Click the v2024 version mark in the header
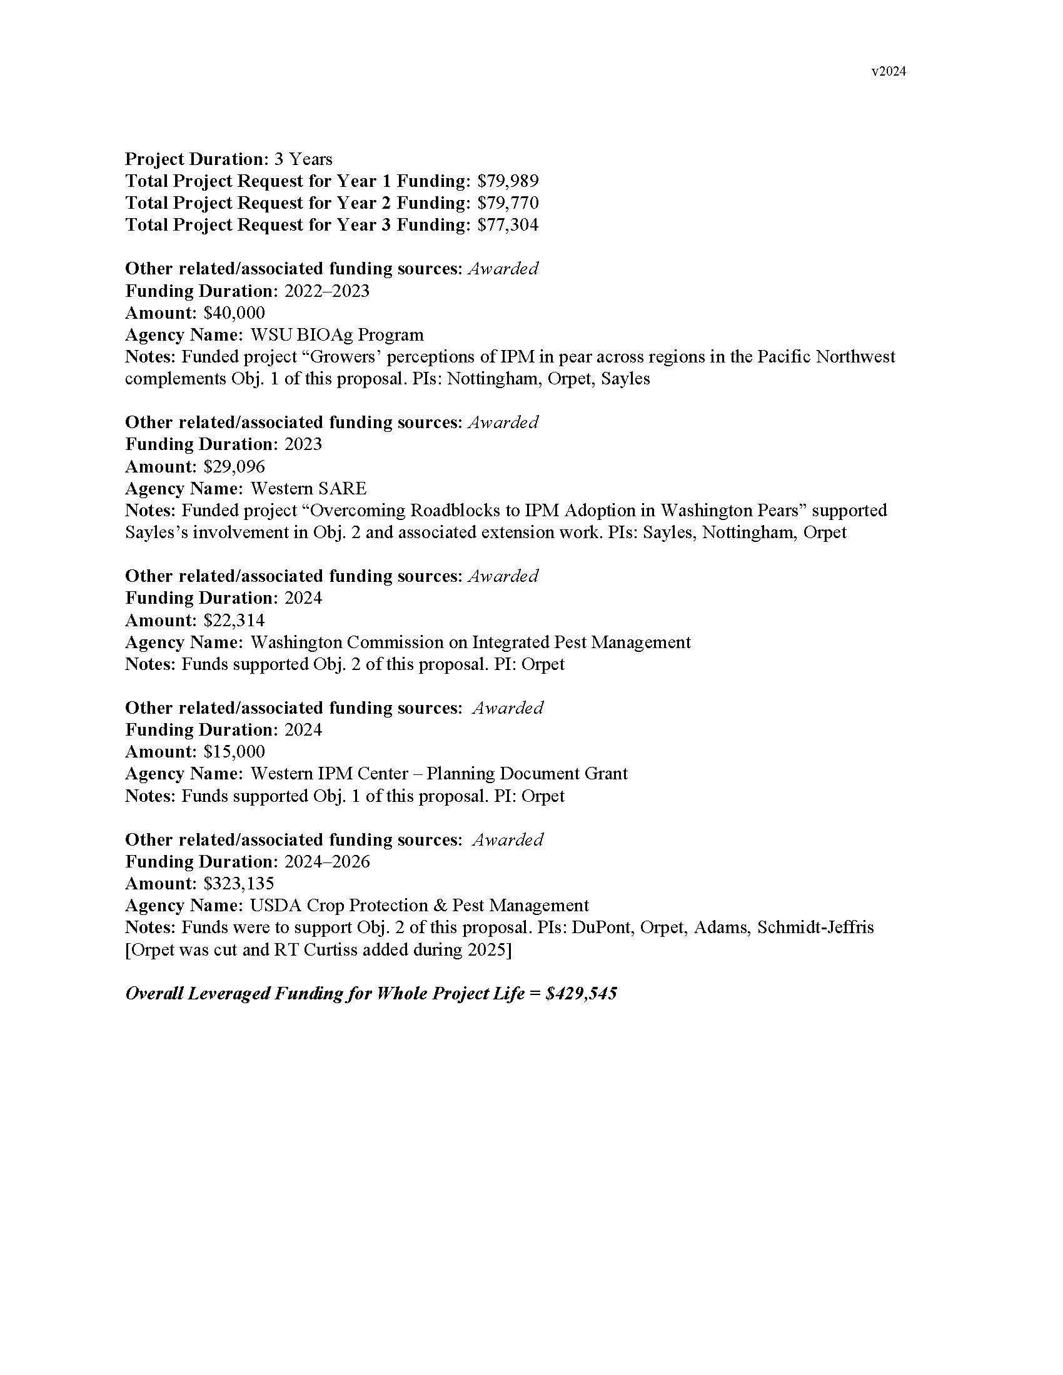[889, 72]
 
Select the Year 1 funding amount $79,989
[508, 181]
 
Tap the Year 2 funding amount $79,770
[508, 203]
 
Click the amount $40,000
[234, 313]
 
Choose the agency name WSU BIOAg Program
[337, 335]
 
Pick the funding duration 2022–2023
[327, 291]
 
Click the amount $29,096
[234, 467]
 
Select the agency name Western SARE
[308, 489]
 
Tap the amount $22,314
[234, 621]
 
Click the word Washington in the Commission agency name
[296, 642]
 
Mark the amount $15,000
[234, 752]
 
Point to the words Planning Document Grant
[527, 774]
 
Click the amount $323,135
[239, 884]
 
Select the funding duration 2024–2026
[327, 862]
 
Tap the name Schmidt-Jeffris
[815, 928]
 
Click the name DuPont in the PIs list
[601, 928]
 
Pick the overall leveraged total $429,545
[582, 994]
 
